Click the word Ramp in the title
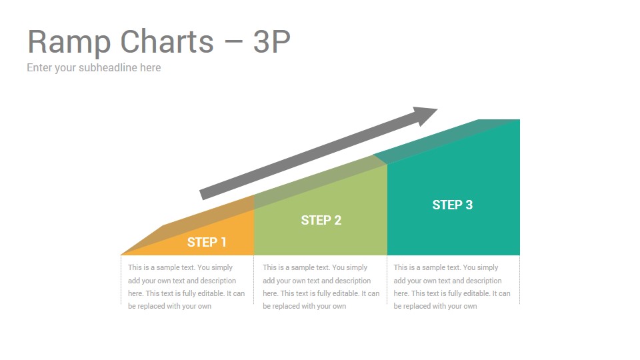pos(69,42)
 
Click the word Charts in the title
pos(167,41)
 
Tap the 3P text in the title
pos(272,41)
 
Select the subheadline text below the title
pos(94,68)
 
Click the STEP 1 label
pos(207,242)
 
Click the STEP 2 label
pos(321,220)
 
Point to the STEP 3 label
pos(452,205)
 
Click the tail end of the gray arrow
pos(201,195)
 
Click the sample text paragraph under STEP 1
pos(186,287)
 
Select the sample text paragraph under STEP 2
pos(321,287)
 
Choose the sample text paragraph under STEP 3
pos(452,287)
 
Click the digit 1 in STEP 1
pos(223,242)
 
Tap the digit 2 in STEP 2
pos(337,220)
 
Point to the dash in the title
pos(233,42)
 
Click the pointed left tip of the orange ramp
pos(121,255)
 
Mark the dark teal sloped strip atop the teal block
pos(447,141)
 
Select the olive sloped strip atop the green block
pos(321,182)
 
